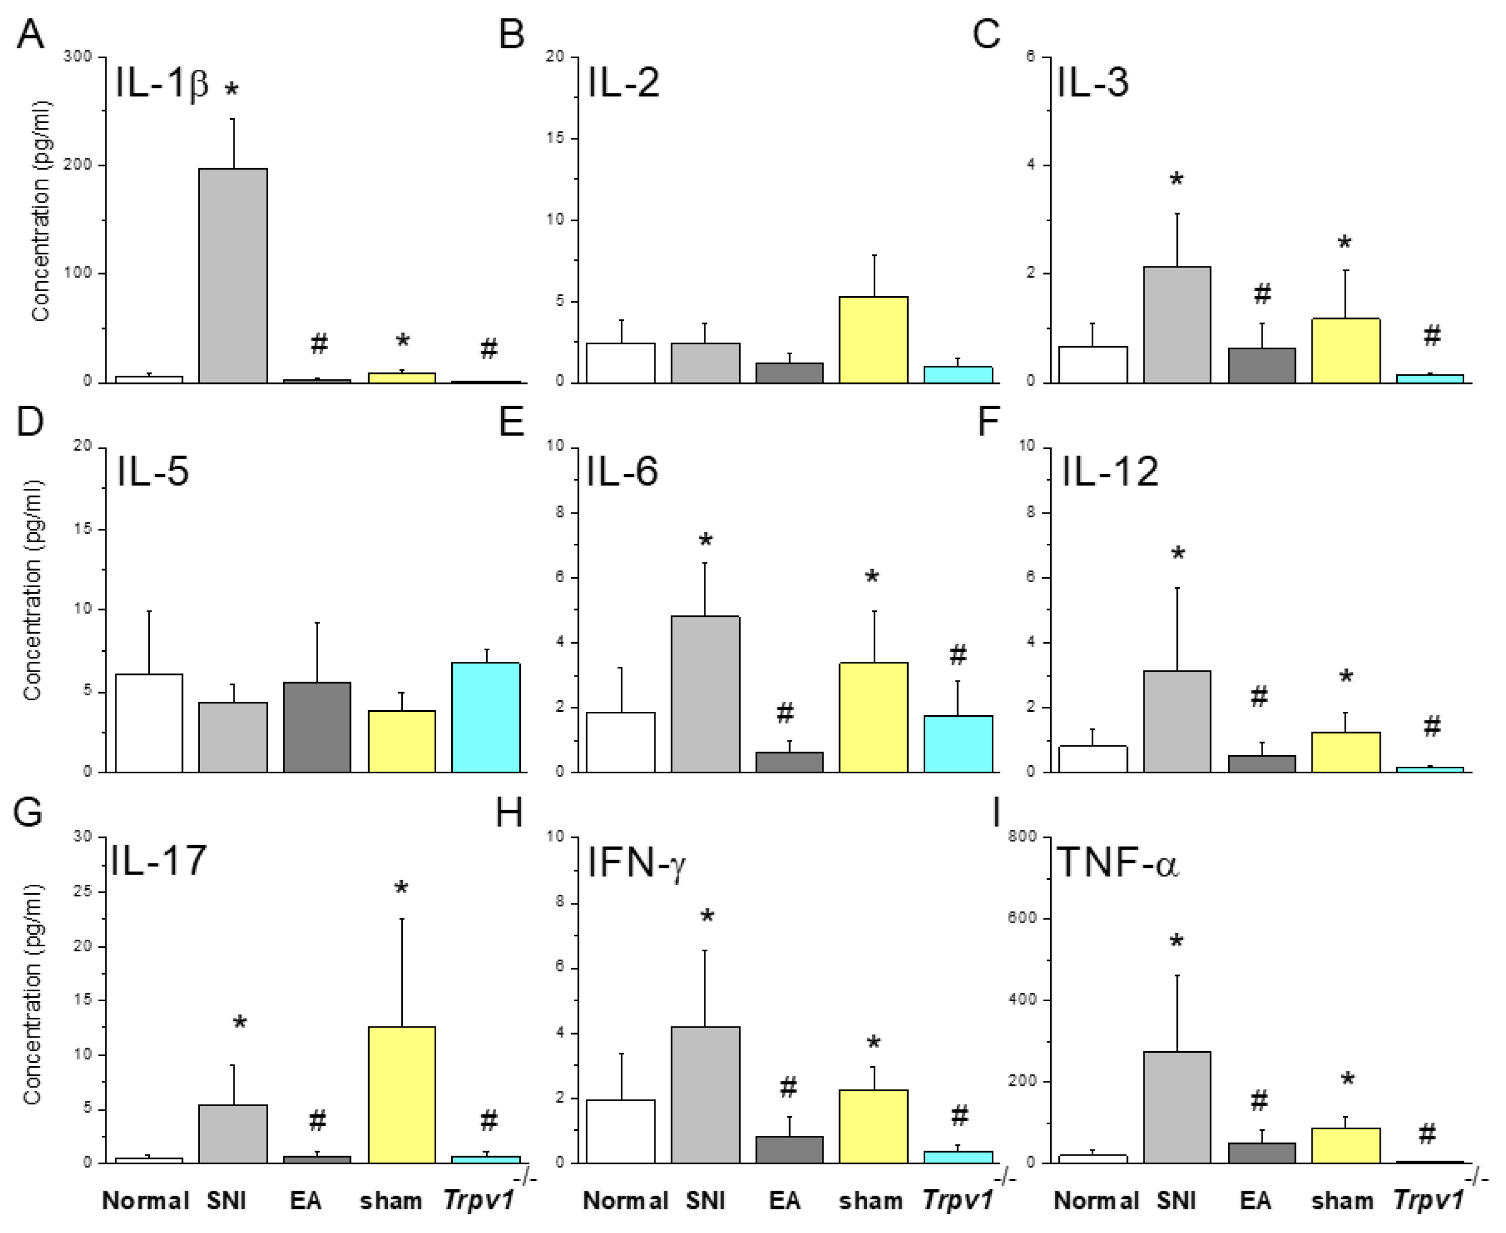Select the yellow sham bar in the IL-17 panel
tap(402, 1095)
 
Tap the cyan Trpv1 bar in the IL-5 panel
tap(486, 717)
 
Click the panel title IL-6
tap(621, 472)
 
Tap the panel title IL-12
tap(1110, 472)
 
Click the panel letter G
tap(29, 812)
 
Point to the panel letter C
tap(986, 34)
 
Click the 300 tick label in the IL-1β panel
tap(77, 57)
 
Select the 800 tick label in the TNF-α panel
tap(1022, 836)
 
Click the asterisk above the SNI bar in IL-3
tap(1176, 180)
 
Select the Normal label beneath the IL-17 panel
tap(146, 1201)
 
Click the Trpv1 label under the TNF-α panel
tap(1428, 1201)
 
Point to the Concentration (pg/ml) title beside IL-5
tap(32, 589)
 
